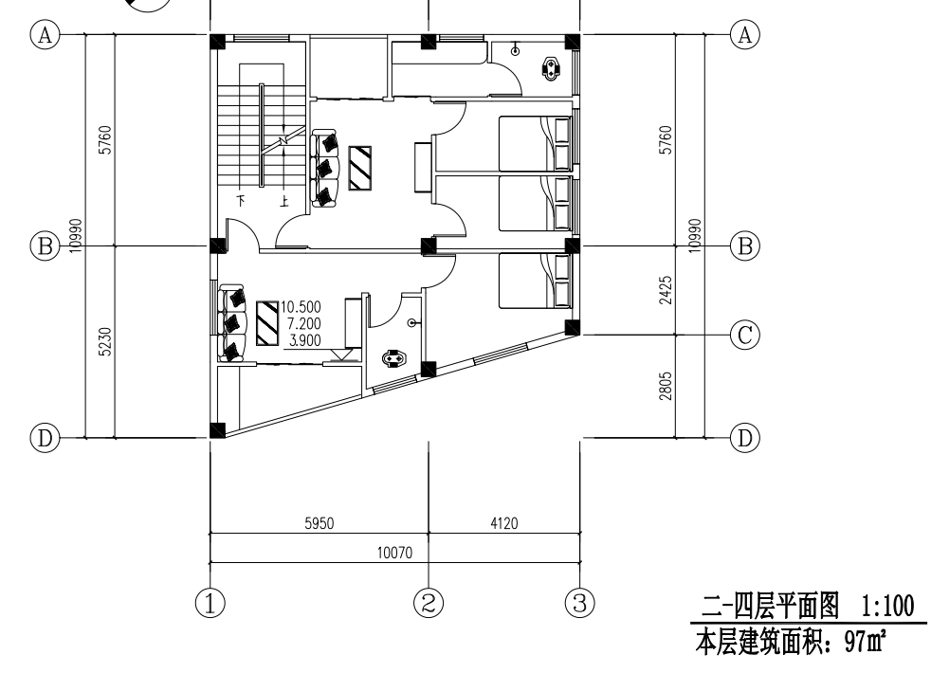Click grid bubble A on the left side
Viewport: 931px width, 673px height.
tap(46, 35)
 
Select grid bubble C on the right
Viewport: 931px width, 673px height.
tap(744, 336)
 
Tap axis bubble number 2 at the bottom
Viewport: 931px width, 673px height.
tap(429, 603)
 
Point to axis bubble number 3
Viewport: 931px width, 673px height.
tap(580, 603)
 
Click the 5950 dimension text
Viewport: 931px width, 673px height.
tap(319, 523)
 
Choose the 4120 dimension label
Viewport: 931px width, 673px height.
tap(504, 523)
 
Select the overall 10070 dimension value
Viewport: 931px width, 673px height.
tap(394, 554)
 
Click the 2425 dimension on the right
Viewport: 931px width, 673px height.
tap(666, 290)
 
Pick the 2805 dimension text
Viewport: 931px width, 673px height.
tap(666, 387)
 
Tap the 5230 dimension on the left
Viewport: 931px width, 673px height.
tap(104, 342)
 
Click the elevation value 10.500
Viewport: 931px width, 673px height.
tap(301, 307)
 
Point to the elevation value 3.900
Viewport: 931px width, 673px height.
tap(304, 340)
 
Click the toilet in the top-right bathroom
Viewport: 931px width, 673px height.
tap(552, 67)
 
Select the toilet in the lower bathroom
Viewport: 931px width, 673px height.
tap(393, 359)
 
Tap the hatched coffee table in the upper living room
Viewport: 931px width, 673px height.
tap(360, 169)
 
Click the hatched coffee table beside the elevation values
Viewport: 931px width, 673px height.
tap(267, 323)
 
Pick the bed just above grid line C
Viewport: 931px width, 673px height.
tap(536, 281)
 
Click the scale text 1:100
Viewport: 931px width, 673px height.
tap(887, 607)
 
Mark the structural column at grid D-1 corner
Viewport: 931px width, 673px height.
tap(218, 429)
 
